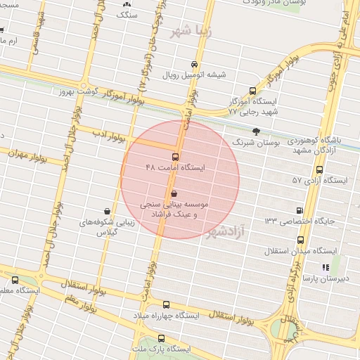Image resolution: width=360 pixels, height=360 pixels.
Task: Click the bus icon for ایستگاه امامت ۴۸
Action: coord(174,157)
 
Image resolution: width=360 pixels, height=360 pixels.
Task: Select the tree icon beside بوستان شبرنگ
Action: coord(256,131)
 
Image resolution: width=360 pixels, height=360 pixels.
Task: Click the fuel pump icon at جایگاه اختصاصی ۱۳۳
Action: coord(300,210)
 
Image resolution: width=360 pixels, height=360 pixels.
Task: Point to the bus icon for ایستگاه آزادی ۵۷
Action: coord(320,169)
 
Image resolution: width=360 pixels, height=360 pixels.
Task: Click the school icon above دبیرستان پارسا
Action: coord(325,267)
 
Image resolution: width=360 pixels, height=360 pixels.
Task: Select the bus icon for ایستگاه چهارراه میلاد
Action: coord(166,304)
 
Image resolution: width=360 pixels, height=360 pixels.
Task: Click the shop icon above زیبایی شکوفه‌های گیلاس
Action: coord(106,210)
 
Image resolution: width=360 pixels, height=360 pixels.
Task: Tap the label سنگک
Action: coord(127,14)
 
